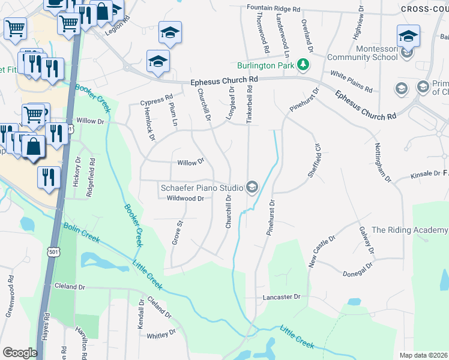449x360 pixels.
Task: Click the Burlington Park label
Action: (267, 65)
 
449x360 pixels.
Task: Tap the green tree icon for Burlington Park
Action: (304, 64)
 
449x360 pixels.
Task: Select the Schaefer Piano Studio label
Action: (202, 188)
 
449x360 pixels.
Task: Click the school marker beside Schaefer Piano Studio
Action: (252, 188)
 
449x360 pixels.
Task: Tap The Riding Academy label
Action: (409, 230)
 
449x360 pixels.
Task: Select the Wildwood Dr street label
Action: (185, 199)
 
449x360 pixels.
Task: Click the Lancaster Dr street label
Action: (281, 297)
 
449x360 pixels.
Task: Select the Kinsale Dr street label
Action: (425, 175)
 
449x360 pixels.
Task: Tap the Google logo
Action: (20, 352)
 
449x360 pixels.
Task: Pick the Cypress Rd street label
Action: (156, 98)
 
